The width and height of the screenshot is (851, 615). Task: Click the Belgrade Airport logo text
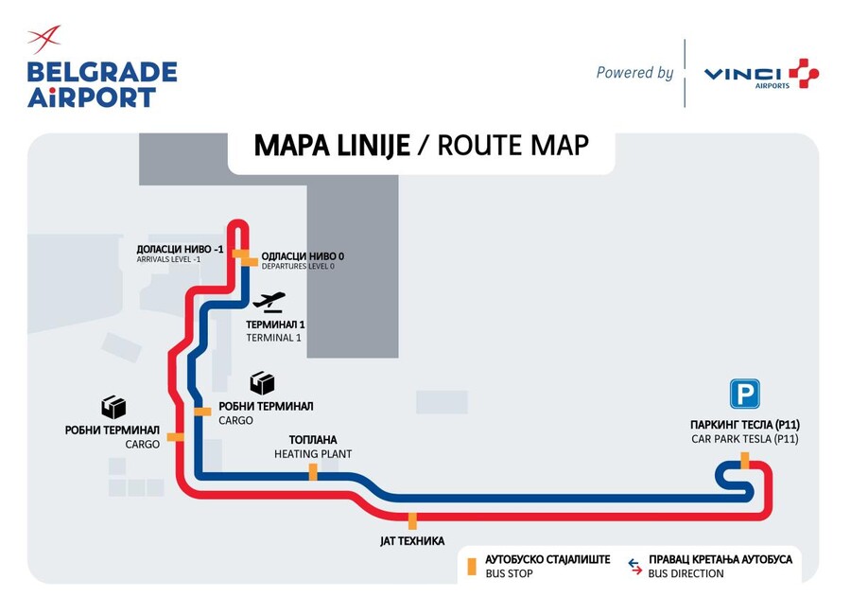[x=101, y=83]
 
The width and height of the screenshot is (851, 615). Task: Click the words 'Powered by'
[x=634, y=73]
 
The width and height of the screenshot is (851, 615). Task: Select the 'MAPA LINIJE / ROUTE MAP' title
[x=421, y=146]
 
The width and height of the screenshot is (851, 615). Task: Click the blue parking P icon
[x=743, y=393]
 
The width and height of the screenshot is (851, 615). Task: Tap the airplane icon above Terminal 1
[x=269, y=302]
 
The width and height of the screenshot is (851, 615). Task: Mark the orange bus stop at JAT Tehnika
[x=412, y=519]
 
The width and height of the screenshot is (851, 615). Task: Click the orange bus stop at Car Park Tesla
[x=745, y=460]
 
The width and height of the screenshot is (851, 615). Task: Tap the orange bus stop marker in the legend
[x=470, y=566]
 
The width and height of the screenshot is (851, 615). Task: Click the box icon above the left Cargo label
[x=114, y=406]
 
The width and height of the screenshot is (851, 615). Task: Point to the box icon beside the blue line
[x=262, y=382]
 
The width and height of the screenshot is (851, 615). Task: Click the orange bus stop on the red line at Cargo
[x=174, y=436]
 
